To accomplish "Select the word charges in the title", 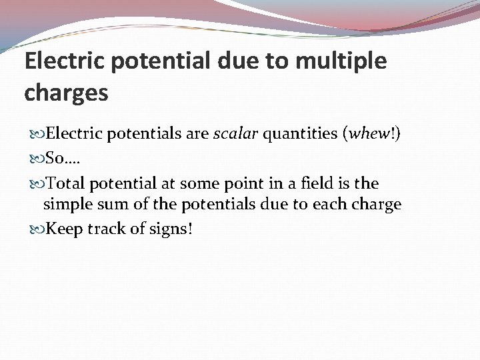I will [x=65, y=93].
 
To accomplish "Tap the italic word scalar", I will [x=237, y=135].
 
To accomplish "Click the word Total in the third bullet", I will [x=67, y=182].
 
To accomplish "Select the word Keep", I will [x=63, y=229].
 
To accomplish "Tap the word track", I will [x=111, y=228].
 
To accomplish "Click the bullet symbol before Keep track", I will [x=37, y=229].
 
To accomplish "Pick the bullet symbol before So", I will [x=37, y=158].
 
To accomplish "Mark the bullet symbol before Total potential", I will [x=37, y=182].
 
